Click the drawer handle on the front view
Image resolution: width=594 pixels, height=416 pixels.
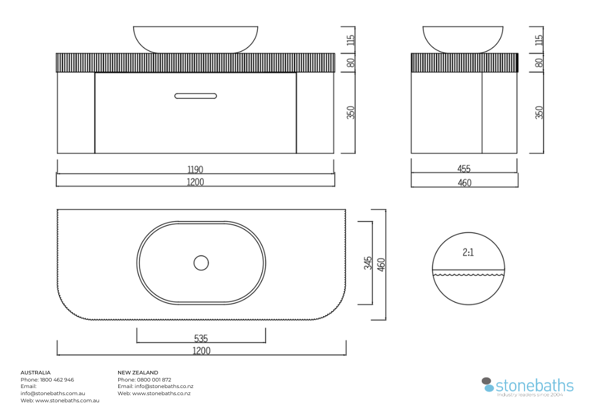tap(195, 96)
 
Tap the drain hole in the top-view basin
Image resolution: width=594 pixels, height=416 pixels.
tap(201, 263)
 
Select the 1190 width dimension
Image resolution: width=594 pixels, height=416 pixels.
tap(195, 169)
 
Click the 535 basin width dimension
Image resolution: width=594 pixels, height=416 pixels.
tap(201, 338)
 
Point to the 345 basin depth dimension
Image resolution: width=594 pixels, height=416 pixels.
tap(368, 263)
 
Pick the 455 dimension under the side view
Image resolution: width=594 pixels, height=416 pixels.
tap(464, 169)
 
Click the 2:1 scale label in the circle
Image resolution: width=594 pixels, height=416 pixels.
tap(468, 253)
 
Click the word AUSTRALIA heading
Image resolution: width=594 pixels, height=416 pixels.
tap(36, 373)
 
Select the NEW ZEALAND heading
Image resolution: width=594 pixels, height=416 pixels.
tap(138, 373)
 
